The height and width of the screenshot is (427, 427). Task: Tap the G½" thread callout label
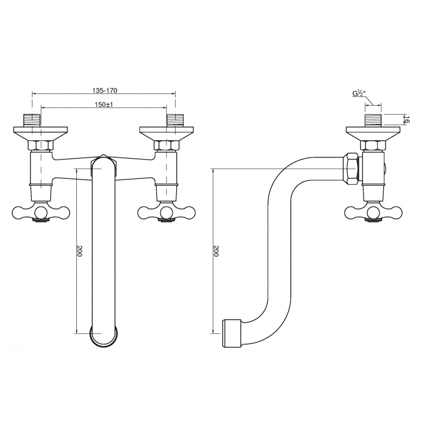(x=358, y=94)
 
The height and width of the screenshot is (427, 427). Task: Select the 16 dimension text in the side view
(x=406, y=120)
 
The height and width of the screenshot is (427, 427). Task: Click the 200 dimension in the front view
(x=79, y=251)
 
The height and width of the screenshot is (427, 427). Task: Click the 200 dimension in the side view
(x=216, y=251)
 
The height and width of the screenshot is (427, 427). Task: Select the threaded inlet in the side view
(x=372, y=120)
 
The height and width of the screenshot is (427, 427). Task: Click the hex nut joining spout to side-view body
(x=351, y=168)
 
